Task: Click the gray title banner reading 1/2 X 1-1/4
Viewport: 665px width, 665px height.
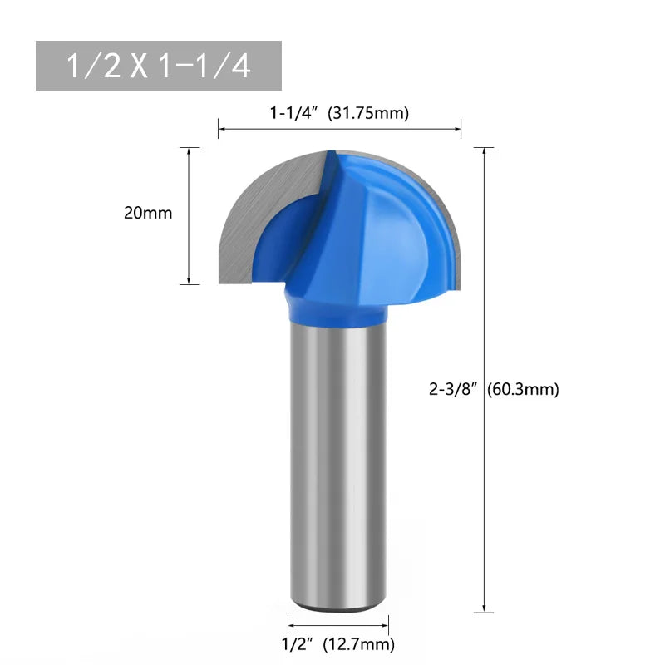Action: [x=158, y=66]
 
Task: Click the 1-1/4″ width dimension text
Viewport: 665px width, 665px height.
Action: [x=295, y=114]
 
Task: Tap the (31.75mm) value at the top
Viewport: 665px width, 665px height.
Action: [x=368, y=114]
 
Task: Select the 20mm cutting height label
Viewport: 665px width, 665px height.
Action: [x=148, y=213]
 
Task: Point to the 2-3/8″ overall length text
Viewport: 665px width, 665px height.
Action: [x=453, y=388]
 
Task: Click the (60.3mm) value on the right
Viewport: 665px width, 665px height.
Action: [x=523, y=388]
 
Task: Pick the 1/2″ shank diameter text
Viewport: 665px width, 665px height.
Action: [x=298, y=643]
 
